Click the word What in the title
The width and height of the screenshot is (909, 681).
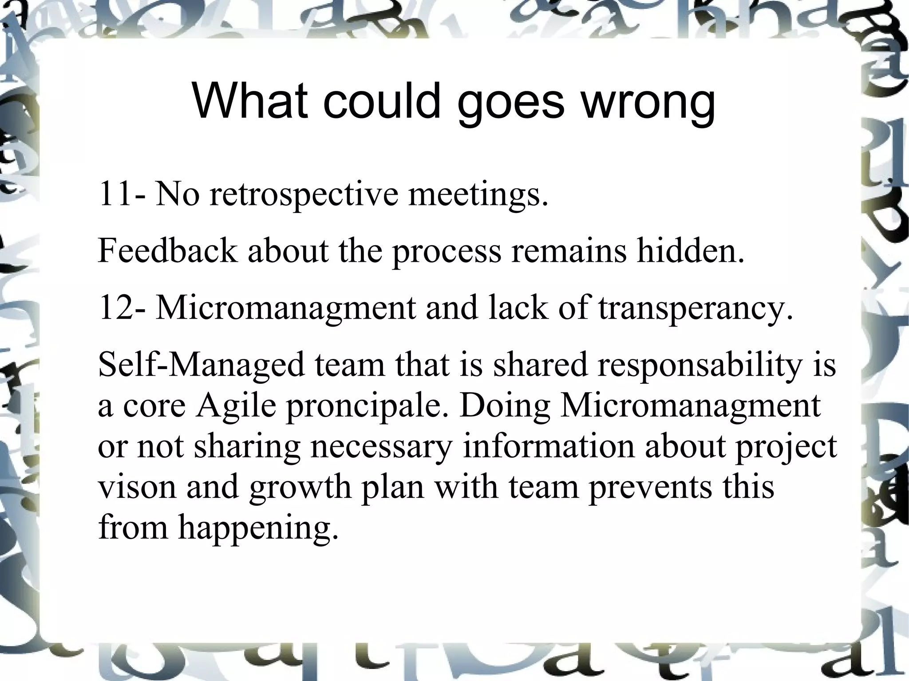250,101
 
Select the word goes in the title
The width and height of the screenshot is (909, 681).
511,103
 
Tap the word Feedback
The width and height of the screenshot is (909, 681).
167,251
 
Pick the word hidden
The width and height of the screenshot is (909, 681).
691,251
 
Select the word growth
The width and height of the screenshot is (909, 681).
300,488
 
